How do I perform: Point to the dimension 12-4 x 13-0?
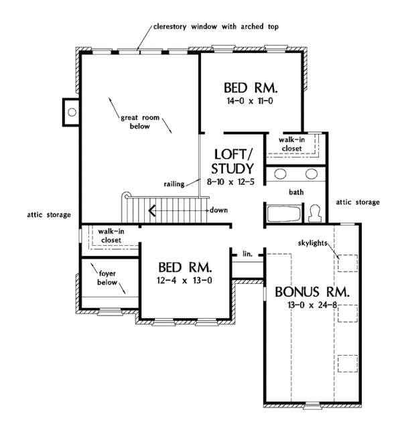185,280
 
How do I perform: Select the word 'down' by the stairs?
218,210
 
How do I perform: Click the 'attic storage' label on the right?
357,202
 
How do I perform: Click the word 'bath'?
297,192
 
